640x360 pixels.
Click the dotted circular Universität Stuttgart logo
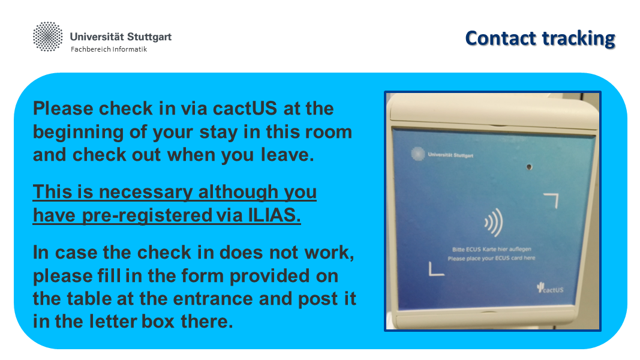click(x=48, y=37)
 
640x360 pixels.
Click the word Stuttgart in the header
click(x=149, y=37)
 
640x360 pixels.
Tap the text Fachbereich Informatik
click(x=109, y=49)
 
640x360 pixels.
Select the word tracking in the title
click(x=578, y=39)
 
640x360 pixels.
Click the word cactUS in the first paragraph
click(x=245, y=109)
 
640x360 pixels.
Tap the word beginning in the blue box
click(x=78, y=132)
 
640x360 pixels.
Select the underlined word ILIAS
click(x=274, y=215)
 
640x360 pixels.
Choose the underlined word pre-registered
click(x=148, y=215)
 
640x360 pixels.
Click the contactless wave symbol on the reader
click(x=494, y=223)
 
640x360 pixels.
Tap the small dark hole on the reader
click(x=530, y=167)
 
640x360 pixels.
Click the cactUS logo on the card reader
click(x=550, y=288)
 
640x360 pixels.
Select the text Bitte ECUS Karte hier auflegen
click(x=491, y=249)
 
